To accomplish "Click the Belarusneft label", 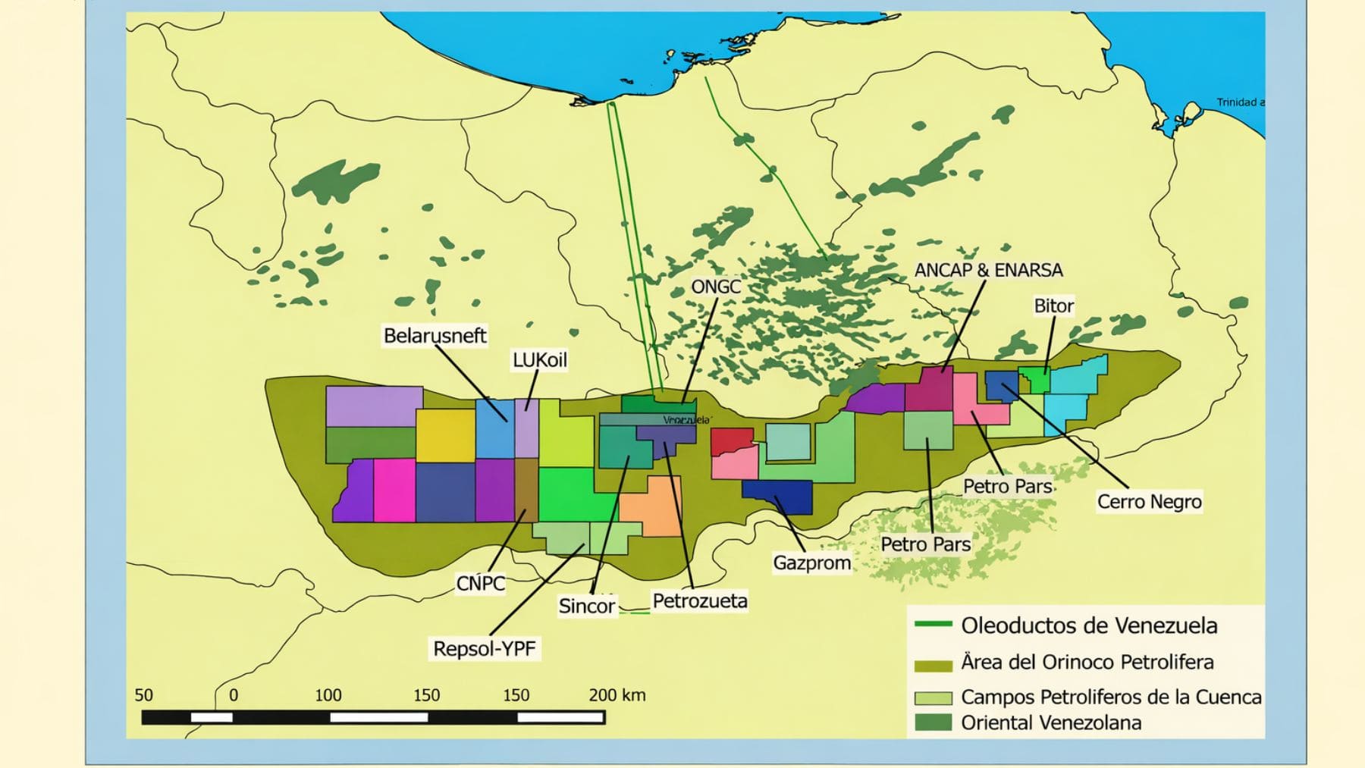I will [x=435, y=336].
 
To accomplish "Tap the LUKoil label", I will [x=539, y=360].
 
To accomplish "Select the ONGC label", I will [x=715, y=287].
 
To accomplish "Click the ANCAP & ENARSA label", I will [x=988, y=271].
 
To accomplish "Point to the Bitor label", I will [x=1053, y=306].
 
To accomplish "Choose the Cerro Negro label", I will [x=1149, y=502].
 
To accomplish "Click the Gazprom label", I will [x=811, y=563].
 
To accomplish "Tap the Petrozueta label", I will [x=699, y=601].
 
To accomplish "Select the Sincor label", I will [x=586, y=607].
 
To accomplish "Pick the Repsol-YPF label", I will [x=484, y=649].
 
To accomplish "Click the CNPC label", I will [x=480, y=584].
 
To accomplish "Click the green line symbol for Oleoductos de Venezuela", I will [x=933, y=625].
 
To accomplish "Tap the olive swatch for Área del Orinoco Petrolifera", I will [x=933, y=666].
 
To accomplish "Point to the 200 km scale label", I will [x=617, y=695].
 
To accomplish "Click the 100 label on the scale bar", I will [x=328, y=695].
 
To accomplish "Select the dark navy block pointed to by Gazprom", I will [x=777, y=497].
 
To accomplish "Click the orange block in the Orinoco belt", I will [x=653, y=506].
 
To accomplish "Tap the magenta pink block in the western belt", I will [x=394, y=491].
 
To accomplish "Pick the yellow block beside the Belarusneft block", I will [x=445, y=435].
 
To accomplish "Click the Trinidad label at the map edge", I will [x=1239, y=102].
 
